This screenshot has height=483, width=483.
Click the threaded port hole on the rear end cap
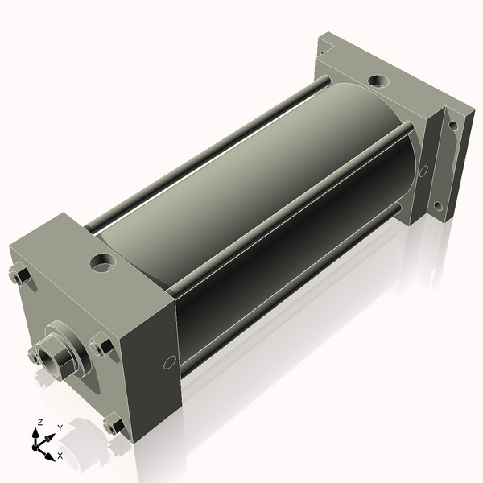[377, 81]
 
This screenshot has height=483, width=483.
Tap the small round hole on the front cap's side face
[169, 362]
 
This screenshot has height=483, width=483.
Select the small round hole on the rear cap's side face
[423, 170]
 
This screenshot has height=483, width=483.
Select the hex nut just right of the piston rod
[101, 347]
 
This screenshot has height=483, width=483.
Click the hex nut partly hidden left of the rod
[34, 355]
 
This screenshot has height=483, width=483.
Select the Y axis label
[60, 428]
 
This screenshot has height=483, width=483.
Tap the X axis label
[60, 456]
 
